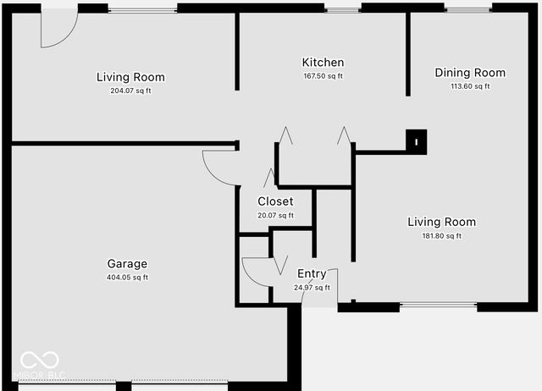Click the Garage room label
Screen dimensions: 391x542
[x=127, y=263]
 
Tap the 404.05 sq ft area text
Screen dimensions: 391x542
[x=127, y=277]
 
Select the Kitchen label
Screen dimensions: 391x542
[x=323, y=63]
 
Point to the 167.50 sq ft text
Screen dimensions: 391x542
[x=323, y=76]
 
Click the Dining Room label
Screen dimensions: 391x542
[x=470, y=73]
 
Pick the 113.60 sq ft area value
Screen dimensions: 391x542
[x=470, y=86]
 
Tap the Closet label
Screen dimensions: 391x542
[x=275, y=201]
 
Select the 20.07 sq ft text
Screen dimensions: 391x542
[x=275, y=215]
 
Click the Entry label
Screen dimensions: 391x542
[x=312, y=273]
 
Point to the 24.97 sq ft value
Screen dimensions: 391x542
[x=312, y=288]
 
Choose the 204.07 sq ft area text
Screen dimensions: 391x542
[x=130, y=91]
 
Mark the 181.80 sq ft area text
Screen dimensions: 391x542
[x=441, y=236]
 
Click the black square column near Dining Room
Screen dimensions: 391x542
[x=417, y=139]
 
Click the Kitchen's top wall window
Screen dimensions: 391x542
[x=344, y=9]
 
